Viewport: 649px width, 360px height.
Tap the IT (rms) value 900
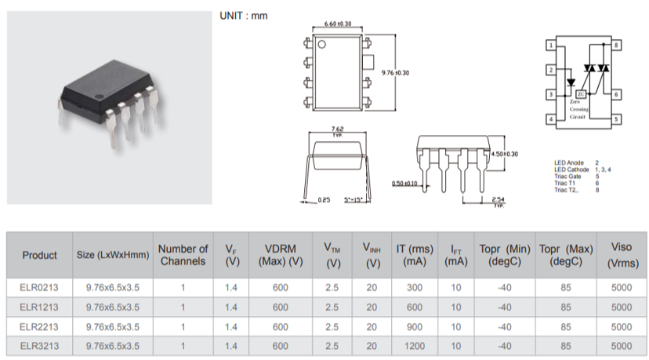(x=414, y=326)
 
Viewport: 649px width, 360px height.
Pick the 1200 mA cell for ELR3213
(x=414, y=345)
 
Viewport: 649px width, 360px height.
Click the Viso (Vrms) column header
(x=621, y=255)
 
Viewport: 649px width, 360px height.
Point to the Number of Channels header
(x=183, y=255)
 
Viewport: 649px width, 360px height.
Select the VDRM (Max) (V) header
(x=280, y=255)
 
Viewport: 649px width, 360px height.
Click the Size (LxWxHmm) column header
(x=113, y=255)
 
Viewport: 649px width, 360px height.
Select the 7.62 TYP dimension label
(x=338, y=129)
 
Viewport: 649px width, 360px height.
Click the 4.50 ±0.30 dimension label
(x=504, y=155)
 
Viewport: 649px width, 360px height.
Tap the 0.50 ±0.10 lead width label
(x=404, y=184)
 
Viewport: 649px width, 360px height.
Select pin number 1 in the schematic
(x=552, y=46)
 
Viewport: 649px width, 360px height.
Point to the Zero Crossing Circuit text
(x=578, y=109)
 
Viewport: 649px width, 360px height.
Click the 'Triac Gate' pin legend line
(x=580, y=176)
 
